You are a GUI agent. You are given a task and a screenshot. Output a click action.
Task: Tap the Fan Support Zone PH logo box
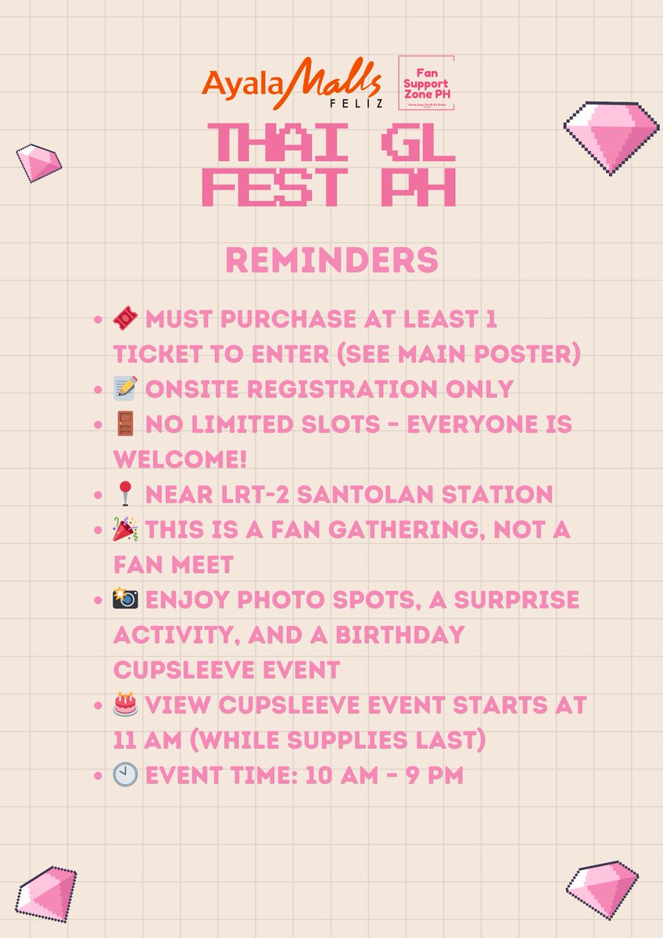[427, 84]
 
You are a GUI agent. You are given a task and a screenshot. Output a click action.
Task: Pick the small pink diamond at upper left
[38, 162]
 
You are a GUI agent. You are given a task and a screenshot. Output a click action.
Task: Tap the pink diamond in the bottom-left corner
[46, 893]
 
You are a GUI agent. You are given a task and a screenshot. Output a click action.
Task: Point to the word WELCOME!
[180, 460]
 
